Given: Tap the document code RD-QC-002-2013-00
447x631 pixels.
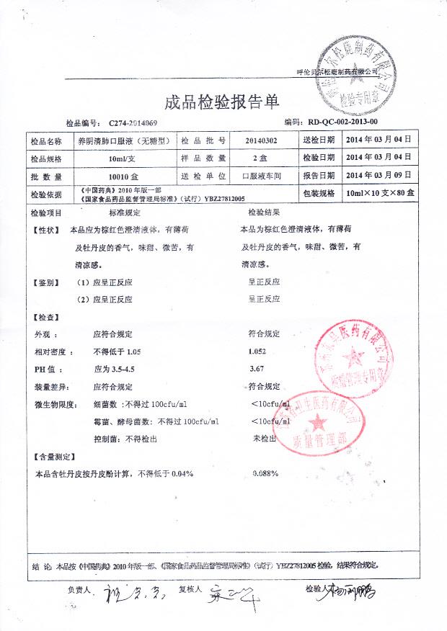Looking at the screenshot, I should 337,123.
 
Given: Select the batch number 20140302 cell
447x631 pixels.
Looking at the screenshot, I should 260,140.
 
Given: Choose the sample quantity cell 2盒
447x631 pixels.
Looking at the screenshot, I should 260,158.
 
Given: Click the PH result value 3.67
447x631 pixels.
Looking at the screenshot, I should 255,369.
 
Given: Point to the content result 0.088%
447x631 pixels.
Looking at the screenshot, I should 265,473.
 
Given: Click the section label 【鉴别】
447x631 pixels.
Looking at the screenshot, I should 47,282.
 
